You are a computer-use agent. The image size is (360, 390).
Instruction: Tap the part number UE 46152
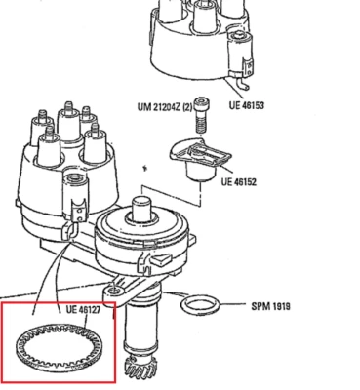(240, 181)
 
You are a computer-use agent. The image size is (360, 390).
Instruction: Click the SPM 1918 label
(271, 306)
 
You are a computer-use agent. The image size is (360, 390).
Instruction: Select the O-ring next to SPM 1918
(200, 304)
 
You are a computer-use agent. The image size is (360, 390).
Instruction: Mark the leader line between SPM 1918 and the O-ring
(233, 305)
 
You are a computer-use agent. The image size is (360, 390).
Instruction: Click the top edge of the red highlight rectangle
(59, 302)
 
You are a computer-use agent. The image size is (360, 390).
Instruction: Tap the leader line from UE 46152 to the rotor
(216, 175)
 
